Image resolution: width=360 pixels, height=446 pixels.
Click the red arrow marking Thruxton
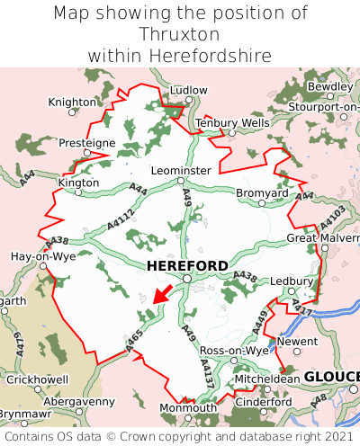[x=162, y=292]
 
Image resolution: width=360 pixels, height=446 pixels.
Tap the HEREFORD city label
[x=186, y=266]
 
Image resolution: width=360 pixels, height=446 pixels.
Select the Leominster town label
[x=181, y=170]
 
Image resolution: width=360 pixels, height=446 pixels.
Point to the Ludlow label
[x=189, y=91]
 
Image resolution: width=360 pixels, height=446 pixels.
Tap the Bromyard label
[x=262, y=193]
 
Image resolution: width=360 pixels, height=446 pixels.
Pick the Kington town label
[x=78, y=182]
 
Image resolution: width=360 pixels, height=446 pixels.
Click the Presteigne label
[x=87, y=143]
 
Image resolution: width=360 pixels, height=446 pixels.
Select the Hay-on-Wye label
[x=42, y=256]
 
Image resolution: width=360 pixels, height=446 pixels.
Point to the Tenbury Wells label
[x=232, y=122]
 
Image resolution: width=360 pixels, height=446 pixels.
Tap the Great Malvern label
[x=322, y=238]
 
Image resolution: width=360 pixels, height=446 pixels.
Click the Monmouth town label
[x=187, y=408]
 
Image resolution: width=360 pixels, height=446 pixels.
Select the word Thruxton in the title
[x=180, y=34]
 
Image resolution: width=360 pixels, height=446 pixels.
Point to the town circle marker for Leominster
[x=181, y=181]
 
